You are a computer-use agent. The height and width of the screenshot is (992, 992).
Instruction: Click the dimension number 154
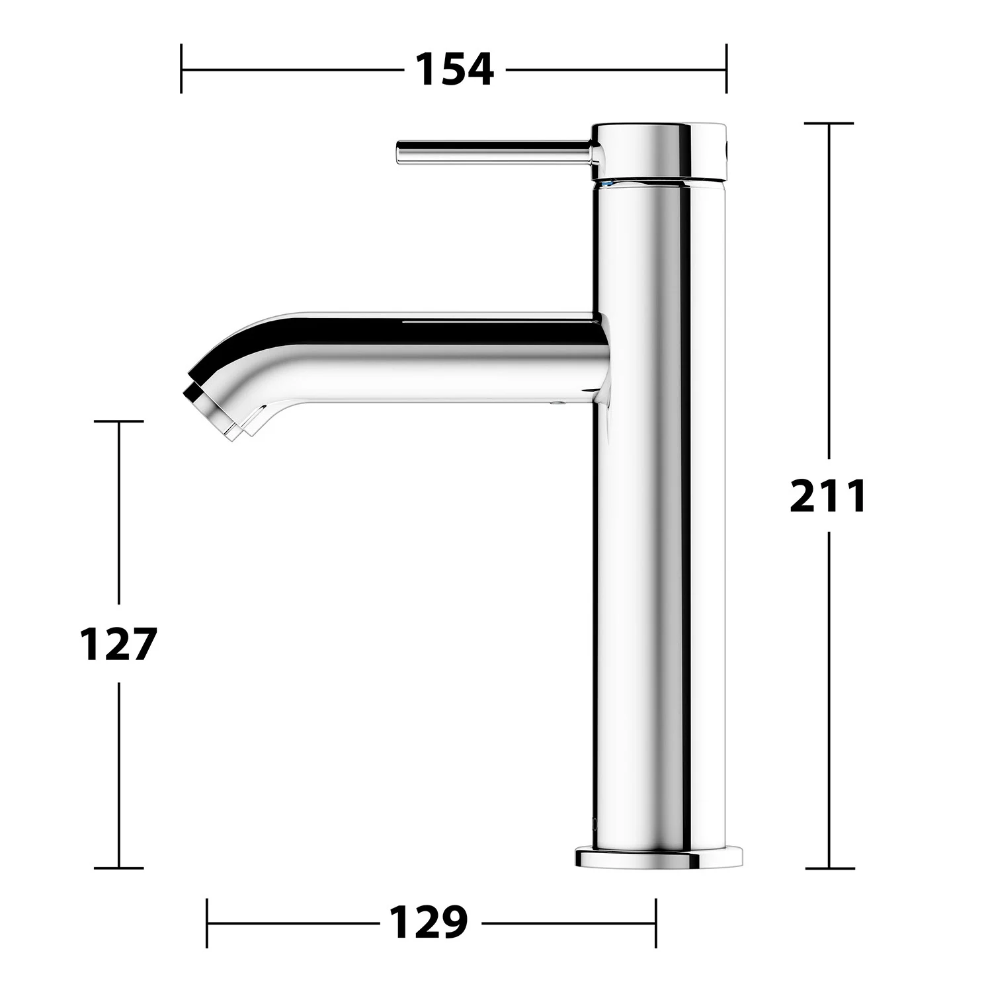454,69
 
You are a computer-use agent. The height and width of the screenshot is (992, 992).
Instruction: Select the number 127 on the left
118,644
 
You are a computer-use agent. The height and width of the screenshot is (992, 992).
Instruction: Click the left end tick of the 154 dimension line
181,68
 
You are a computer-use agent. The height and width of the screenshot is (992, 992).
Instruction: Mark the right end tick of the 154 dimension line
726,68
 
